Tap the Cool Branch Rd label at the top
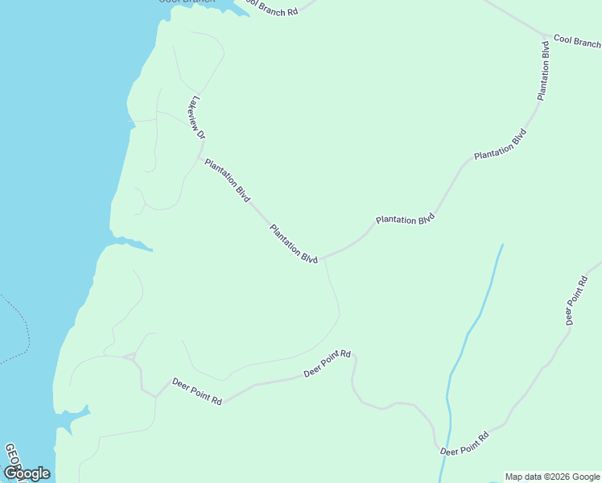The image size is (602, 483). pos(271,7)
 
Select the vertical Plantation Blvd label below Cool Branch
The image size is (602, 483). pos(544,70)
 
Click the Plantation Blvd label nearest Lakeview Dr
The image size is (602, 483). pos(227,180)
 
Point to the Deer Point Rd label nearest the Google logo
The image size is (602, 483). pos(196,391)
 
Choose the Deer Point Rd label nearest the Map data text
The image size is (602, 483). pos(464,444)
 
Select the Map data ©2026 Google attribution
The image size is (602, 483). pos(552,477)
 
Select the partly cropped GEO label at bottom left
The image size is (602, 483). pos(10,456)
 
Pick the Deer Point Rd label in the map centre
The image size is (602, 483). pos(328,363)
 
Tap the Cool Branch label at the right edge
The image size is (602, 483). pos(577,41)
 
